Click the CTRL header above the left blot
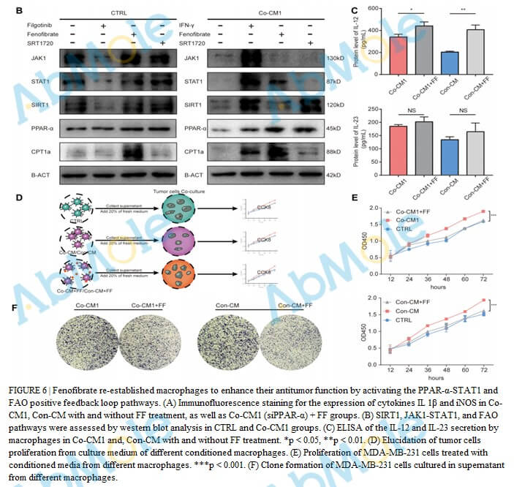pyautogui.click(x=119, y=13)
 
